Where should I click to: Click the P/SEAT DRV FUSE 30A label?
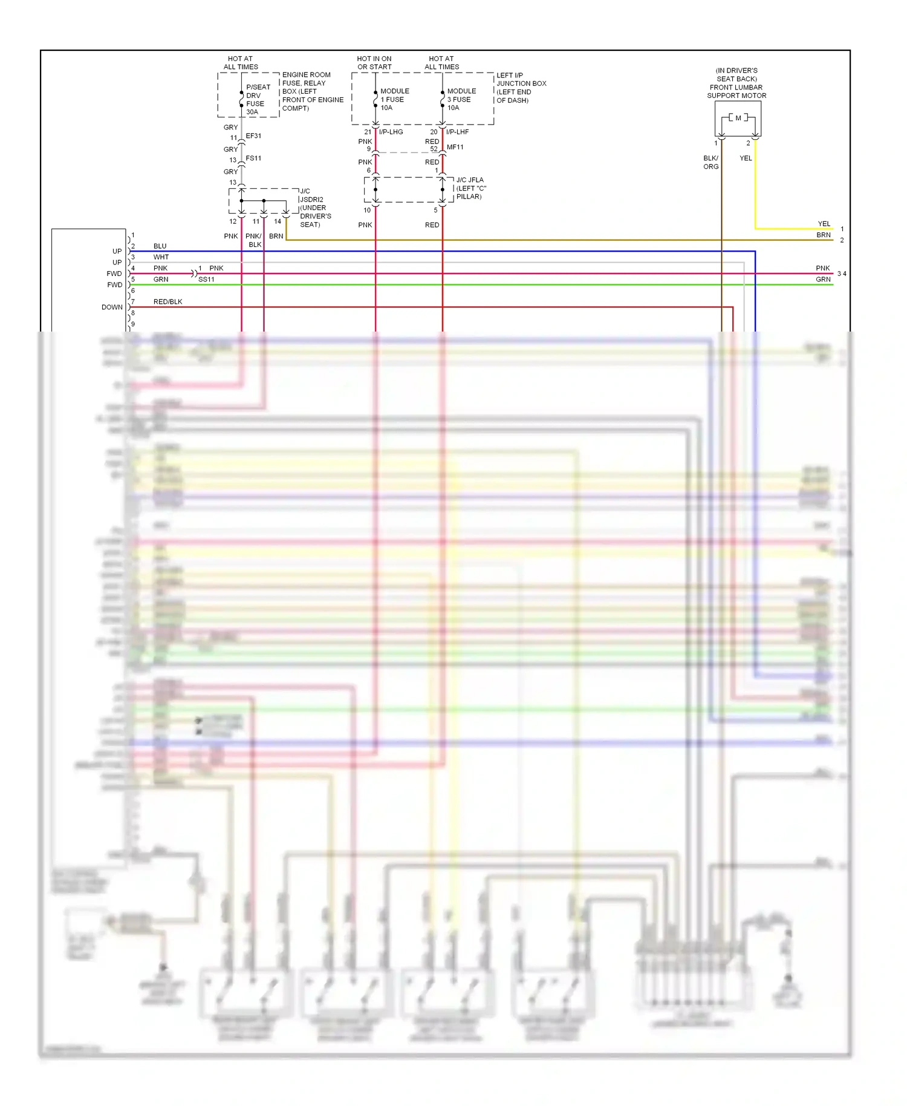coord(258,99)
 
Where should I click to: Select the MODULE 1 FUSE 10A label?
coord(394,99)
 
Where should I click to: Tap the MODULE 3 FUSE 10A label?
coord(461,99)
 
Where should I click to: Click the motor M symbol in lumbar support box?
coord(738,118)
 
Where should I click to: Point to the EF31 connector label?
coord(253,136)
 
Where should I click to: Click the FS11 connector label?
coord(253,159)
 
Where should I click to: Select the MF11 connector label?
coord(455,147)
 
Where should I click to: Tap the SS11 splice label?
coord(206,280)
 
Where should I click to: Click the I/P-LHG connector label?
coord(391,132)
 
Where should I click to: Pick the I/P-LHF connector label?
coord(457,132)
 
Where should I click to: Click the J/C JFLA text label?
coord(470,180)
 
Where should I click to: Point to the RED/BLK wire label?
coord(167,302)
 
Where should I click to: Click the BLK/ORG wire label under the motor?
coord(710,162)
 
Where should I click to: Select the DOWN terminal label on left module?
coord(112,307)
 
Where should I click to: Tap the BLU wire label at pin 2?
coord(160,246)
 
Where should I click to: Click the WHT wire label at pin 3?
coord(161,257)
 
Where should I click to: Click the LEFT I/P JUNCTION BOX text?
coord(521,88)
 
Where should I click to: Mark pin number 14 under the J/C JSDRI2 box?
coord(278,221)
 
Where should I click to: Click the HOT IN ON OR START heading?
coord(374,63)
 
